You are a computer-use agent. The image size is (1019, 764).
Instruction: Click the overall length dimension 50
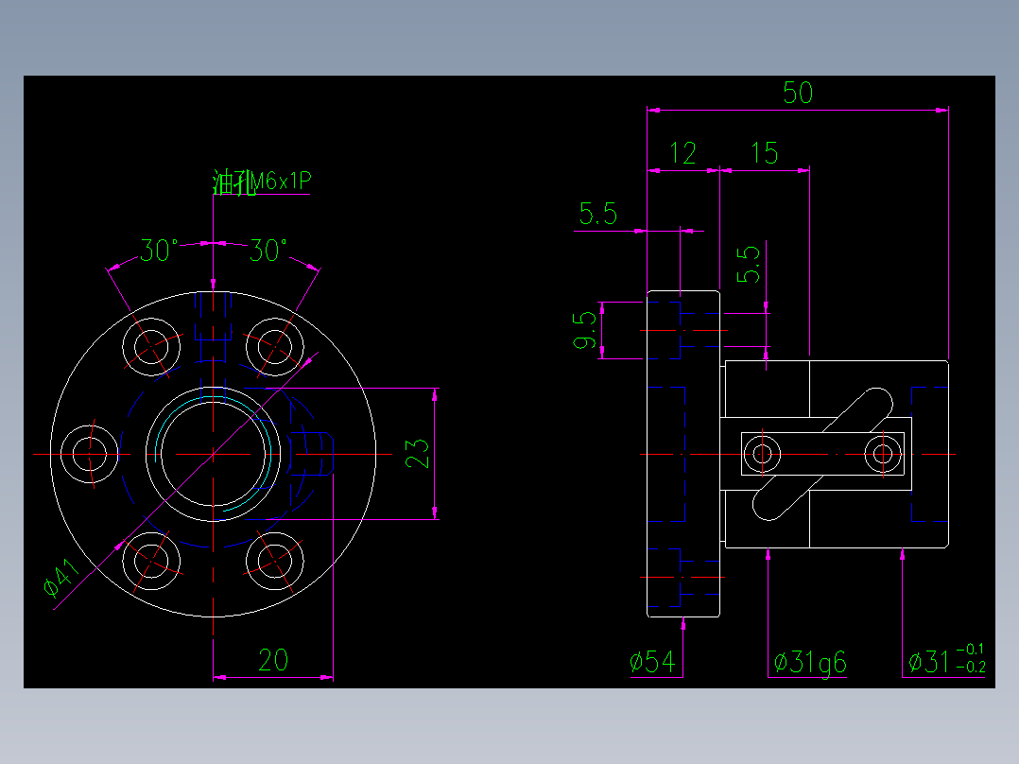click(798, 93)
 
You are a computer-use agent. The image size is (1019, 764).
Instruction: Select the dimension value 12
click(682, 153)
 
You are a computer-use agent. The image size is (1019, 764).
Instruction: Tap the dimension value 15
click(764, 153)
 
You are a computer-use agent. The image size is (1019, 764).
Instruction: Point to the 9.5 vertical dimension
click(586, 330)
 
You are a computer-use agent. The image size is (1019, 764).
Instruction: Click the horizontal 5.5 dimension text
click(597, 215)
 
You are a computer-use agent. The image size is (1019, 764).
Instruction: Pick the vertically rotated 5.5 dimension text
click(749, 265)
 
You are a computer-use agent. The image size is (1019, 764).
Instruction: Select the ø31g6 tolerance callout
click(809, 662)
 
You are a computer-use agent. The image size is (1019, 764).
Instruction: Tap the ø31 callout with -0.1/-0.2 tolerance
click(945, 661)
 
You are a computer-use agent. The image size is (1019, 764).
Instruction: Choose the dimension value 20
click(272, 660)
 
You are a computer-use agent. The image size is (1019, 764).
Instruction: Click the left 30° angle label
click(159, 251)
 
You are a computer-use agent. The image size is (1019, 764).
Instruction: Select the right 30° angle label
click(268, 251)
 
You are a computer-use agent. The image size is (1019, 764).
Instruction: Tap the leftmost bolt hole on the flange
click(91, 454)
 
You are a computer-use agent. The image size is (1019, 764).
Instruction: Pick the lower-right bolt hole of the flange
click(275, 561)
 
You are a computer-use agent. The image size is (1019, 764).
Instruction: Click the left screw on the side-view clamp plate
click(762, 454)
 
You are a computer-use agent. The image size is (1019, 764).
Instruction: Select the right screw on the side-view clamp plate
click(884, 454)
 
